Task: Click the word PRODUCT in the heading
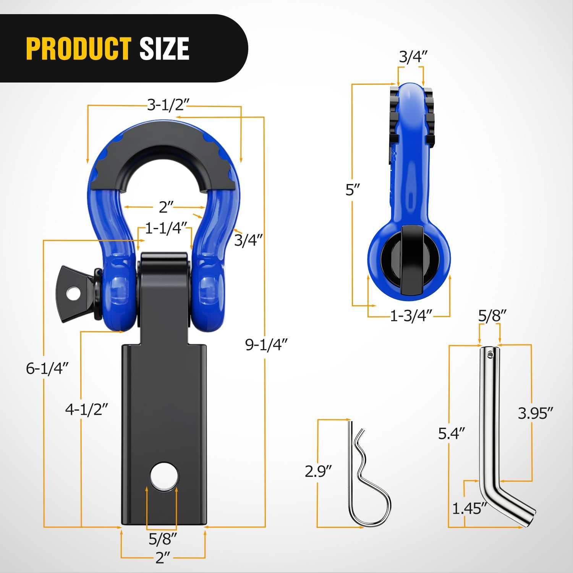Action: tap(78, 49)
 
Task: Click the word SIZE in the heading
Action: tap(164, 49)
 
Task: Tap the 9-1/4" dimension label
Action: tap(266, 345)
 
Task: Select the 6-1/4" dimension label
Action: tap(47, 368)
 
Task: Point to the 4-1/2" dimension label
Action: tap(87, 410)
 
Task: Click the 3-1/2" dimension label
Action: tap(168, 105)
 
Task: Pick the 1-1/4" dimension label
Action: tap(166, 228)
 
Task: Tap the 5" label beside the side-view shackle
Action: tap(353, 190)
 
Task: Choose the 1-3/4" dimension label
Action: tap(411, 316)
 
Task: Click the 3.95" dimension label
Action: tap(535, 413)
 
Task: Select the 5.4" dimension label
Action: tap(451, 434)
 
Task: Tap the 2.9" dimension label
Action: tap(318, 471)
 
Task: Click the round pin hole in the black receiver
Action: tap(164, 476)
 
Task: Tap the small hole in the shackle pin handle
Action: tap(73, 293)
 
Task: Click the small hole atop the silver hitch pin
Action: tap(490, 355)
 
